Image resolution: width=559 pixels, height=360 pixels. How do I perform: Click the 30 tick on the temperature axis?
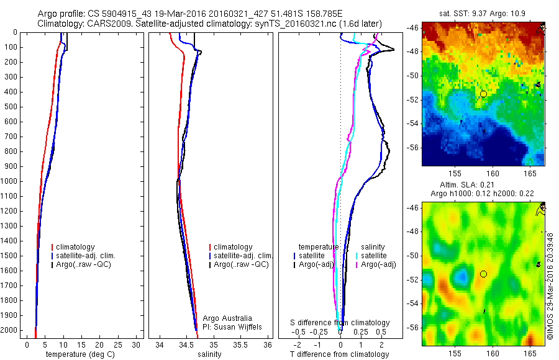click(x=137, y=345)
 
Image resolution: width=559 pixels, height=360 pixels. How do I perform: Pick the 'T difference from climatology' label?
click(x=339, y=354)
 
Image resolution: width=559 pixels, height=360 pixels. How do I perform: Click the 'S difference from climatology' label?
click(x=340, y=323)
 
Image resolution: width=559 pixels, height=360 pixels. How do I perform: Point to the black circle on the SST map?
click(x=483, y=94)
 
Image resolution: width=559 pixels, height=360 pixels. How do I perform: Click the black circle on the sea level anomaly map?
click(x=483, y=274)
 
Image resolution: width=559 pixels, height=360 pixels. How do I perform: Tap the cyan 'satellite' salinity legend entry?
click(x=375, y=256)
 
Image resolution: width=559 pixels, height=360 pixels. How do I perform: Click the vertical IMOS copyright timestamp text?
click(x=550, y=273)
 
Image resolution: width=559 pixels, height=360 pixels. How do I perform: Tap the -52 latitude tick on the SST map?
click(x=413, y=99)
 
